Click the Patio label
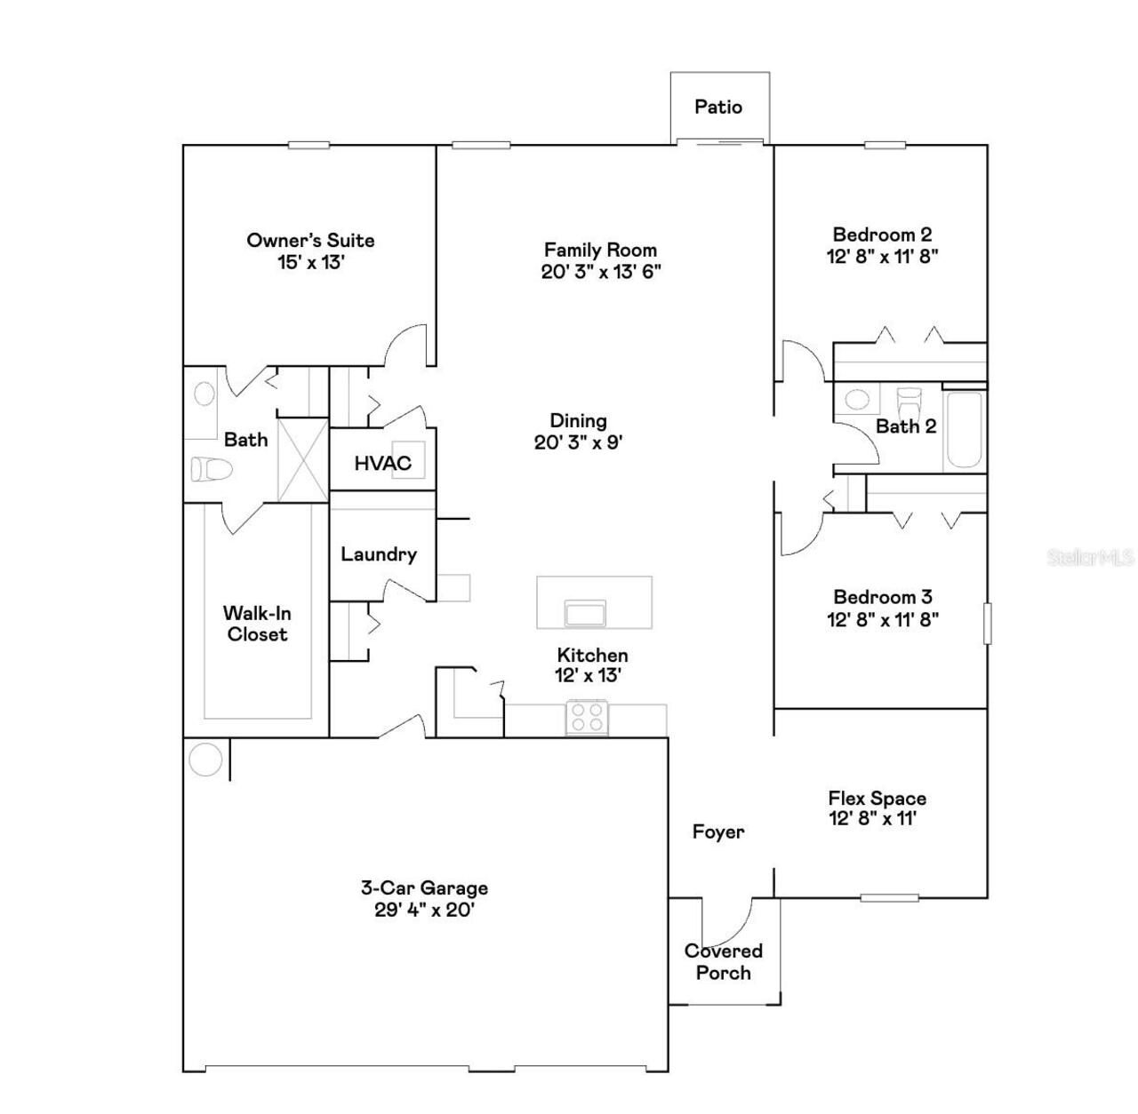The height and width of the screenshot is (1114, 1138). pyautogui.click(x=717, y=107)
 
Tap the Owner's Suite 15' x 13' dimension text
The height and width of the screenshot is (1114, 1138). pyautogui.click(x=310, y=263)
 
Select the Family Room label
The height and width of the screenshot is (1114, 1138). pyautogui.click(x=600, y=250)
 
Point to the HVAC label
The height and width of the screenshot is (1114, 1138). pyautogui.click(x=382, y=463)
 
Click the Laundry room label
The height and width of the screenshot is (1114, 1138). pyautogui.click(x=379, y=554)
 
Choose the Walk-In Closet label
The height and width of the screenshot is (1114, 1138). pyautogui.click(x=257, y=624)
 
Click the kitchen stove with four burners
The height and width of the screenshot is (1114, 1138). pyautogui.click(x=587, y=717)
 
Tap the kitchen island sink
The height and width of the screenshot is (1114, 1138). pyautogui.click(x=585, y=613)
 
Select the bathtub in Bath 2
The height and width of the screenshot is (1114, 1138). pyautogui.click(x=964, y=430)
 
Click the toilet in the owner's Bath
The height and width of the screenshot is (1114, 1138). pyautogui.click(x=211, y=469)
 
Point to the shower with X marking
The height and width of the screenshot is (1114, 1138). pyautogui.click(x=302, y=459)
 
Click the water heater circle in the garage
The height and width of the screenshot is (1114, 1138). pyautogui.click(x=205, y=760)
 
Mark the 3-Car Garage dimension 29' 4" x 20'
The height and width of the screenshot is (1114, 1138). pyautogui.click(x=424, y=910)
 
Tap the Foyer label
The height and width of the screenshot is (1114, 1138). pyautogui.click(x=717, y=832)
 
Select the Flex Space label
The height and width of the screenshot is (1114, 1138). pyautogui.click(x=877, y=798)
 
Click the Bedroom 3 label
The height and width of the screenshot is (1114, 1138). pyautogui.click(x=882, y=597)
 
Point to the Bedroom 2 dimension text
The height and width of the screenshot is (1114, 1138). pyautogui.click(x=882, y=257)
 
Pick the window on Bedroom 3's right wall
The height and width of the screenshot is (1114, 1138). pyautogui.click(x=986, y=623)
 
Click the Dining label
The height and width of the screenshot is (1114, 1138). pyautogui.click(x=578, y=421)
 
